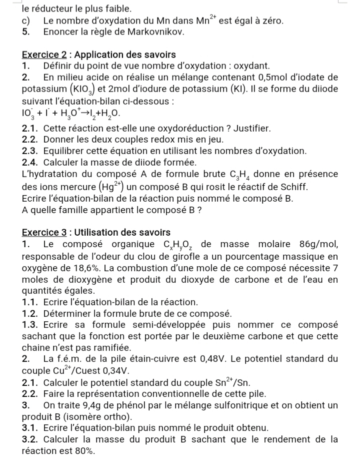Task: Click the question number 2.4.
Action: coord(31,163)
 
